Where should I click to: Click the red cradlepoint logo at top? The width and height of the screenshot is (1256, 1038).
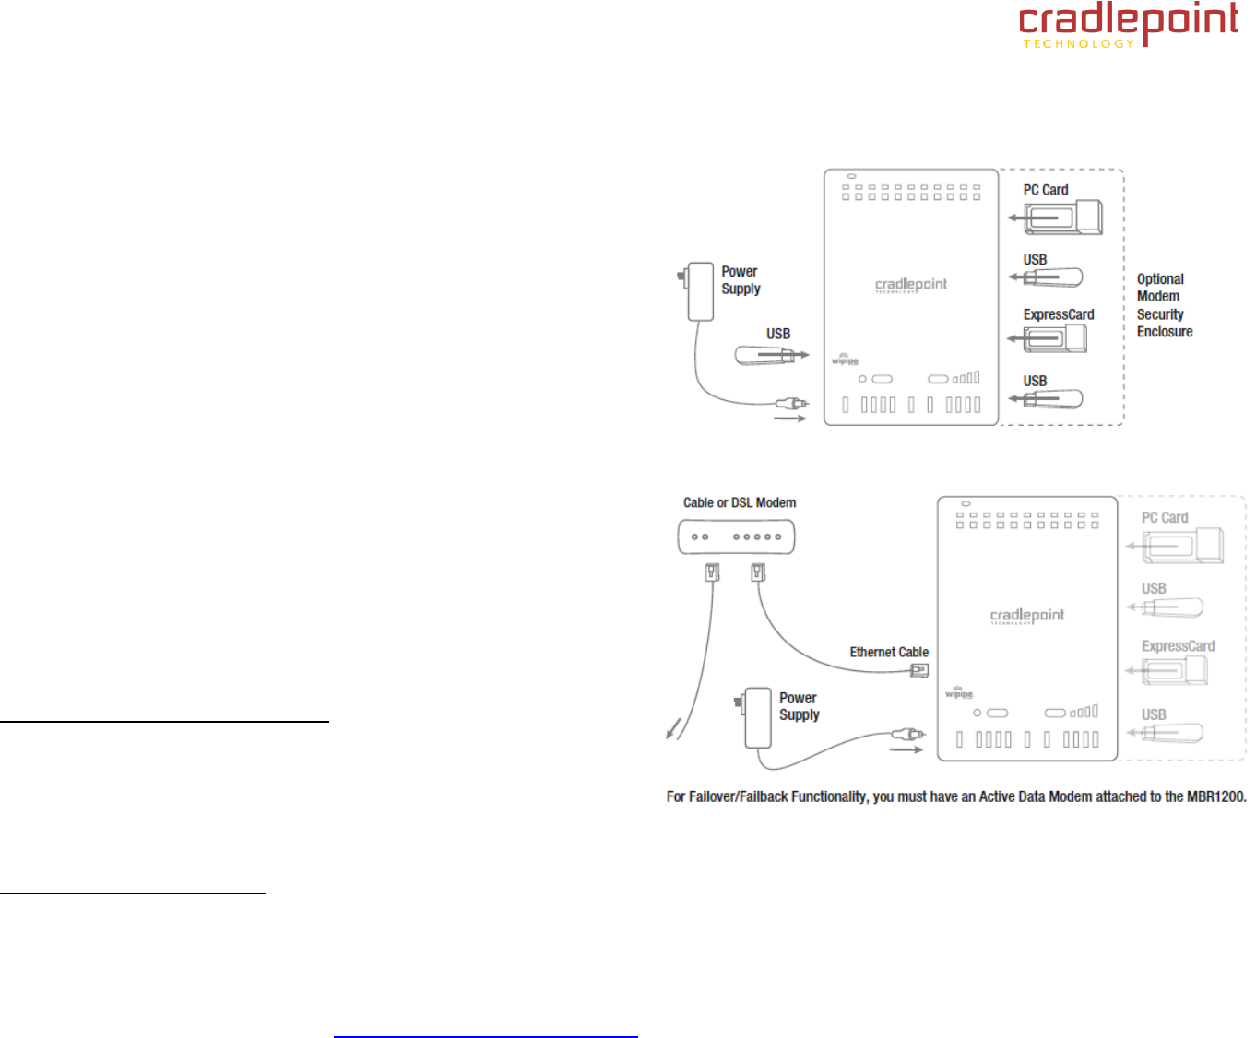[x=1129, y=24]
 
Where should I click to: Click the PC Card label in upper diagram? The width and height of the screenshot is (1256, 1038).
[x=1045, y=190]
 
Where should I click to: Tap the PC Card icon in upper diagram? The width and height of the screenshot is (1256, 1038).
[x=1063, y=218]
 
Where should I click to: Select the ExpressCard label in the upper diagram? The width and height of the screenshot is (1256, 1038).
[x=1058, y=314]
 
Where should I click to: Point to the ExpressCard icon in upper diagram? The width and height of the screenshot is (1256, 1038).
[x=1055, y=338]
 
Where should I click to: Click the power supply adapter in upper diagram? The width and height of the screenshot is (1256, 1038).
[x=700, y=291]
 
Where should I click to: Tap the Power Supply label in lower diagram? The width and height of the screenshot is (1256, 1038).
[x=799, y=706]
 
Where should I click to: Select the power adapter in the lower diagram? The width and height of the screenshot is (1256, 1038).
[x=757, y=718]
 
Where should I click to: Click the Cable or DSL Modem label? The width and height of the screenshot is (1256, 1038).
[x=739, y=502]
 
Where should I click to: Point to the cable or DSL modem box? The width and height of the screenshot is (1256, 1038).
[x=736, y=537]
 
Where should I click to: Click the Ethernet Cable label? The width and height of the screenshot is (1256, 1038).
[x=888, y=652]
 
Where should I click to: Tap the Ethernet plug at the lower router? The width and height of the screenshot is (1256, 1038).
[x=919, y=670]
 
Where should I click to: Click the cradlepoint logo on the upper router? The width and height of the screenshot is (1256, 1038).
[x=910, y=285]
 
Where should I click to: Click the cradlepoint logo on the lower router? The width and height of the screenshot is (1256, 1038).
[x=1026, y=616]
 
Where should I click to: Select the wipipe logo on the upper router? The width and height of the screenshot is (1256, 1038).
[x=845, y=359]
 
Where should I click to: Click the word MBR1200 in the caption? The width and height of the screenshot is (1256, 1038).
[x=1215, y=796]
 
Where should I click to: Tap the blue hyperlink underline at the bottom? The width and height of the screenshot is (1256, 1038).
[x=485, y=1037]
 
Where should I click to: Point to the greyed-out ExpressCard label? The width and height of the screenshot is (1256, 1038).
[x=1178, y=646]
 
